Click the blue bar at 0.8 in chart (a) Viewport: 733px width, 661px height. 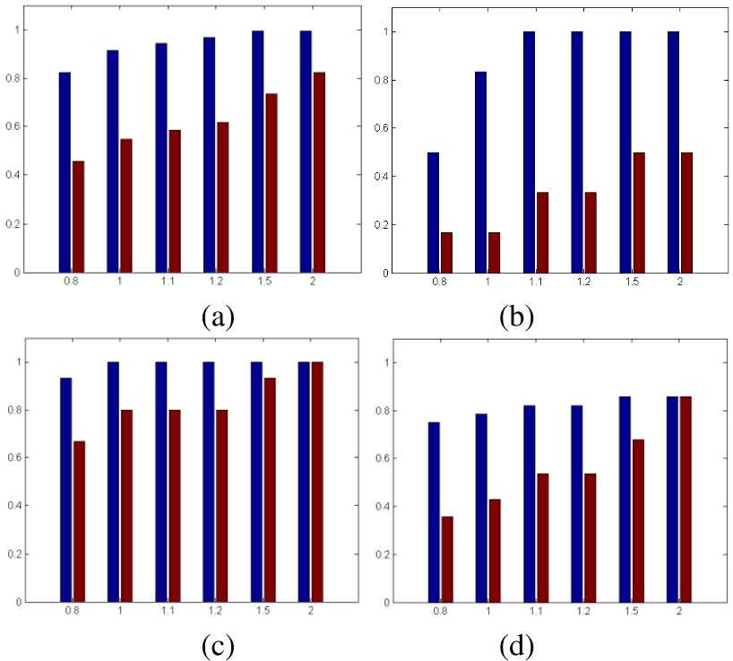[65, 172]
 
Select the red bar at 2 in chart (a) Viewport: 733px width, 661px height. [317, 172]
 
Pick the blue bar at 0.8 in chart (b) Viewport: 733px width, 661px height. [434, 213]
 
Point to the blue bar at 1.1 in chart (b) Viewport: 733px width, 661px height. [530, 152]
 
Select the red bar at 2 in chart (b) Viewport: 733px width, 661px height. [686, 213]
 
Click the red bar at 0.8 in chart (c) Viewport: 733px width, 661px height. [79, 521]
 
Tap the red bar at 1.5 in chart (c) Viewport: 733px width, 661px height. [269, 490]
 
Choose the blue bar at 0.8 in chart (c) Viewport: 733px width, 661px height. [65, 490]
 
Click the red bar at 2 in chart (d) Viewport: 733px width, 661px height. [686, 499]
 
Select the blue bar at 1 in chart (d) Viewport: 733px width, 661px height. [481, 508]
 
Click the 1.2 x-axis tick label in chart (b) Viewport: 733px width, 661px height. [583, 282]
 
